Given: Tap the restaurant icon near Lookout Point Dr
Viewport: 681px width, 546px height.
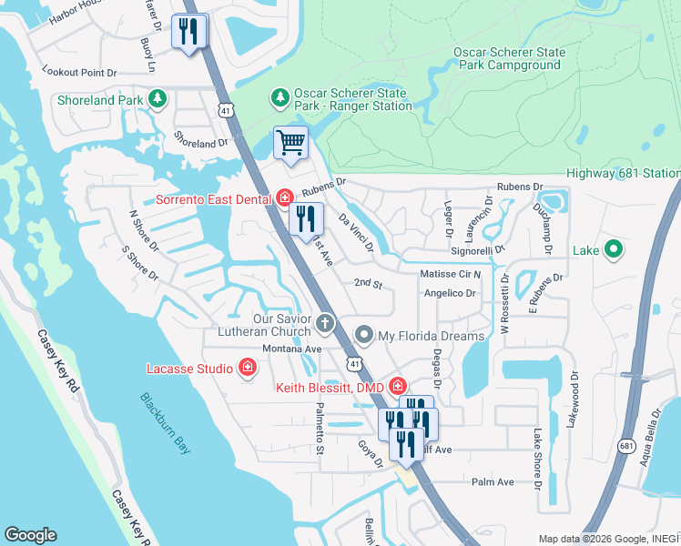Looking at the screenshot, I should tap(189, 32).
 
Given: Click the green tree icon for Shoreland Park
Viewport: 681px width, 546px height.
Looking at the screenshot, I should tap(158, 98).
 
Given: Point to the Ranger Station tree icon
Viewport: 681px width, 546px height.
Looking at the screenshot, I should tap(280, 96).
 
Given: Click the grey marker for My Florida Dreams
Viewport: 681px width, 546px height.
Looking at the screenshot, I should tap(364, 336).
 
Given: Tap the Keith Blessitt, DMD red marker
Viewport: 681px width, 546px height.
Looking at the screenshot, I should tap(398, 387).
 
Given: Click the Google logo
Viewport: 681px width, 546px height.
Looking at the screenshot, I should tap(30, 535).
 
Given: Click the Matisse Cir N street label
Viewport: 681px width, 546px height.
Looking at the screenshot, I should tap(450, 274).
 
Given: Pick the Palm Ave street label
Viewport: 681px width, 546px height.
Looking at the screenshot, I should tap(493, 481).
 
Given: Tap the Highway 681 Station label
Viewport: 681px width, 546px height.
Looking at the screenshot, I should tap(623, 173).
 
